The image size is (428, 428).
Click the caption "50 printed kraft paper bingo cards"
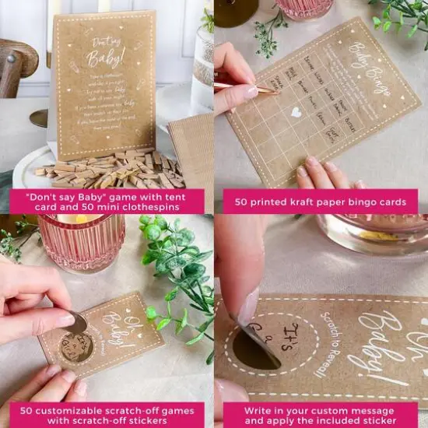[320, 202]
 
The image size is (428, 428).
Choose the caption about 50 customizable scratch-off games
[107, 415]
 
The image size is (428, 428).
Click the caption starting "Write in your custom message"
[320, 415]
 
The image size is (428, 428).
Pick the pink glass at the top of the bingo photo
[305, 9]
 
